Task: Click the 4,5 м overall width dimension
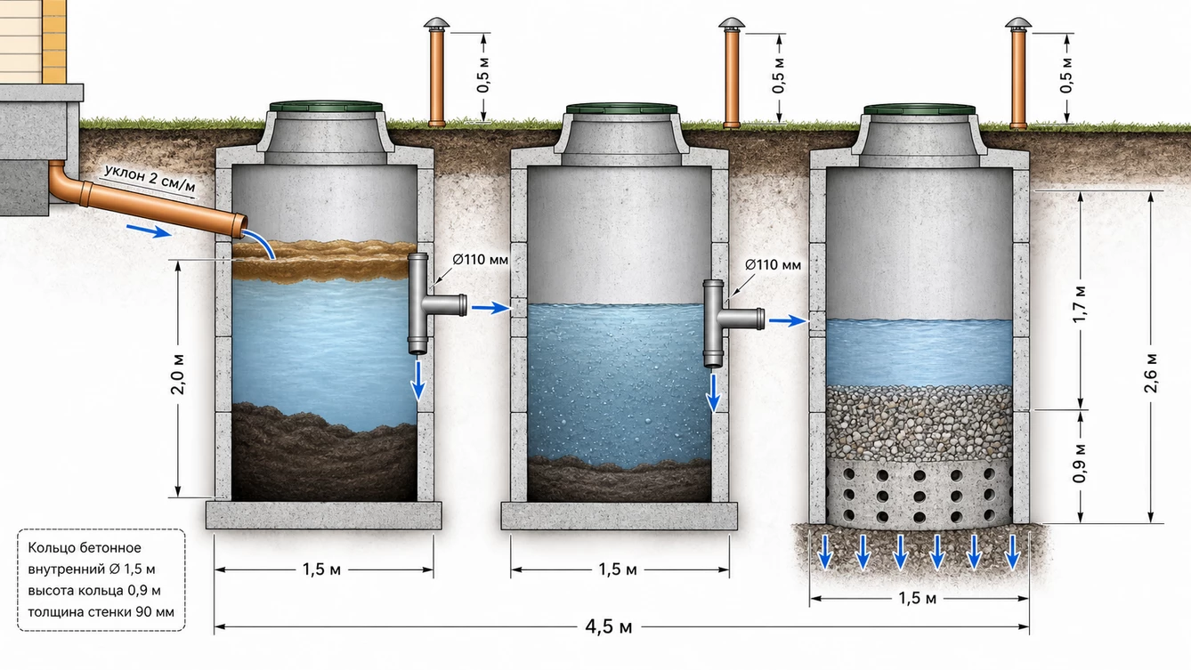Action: pyautogui.click(x=608, y=627)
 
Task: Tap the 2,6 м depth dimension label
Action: pyautogui.click(x=1151, y=373)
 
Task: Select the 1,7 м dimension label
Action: pyautogui.click(x=1080, y=304)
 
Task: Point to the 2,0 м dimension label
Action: pyautogui.click(x=178, y=374)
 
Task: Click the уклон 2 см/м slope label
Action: pyautogui.click(x=150, y=177)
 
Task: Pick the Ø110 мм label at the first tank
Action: pyautogui.click(x=480, y=260)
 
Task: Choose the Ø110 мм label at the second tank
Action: pyautogui.click(x=773, y=264)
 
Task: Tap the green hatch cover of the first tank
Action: pyautogui.click(x=326, y=106)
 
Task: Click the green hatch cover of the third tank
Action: pyautogui.click(x=920, y=109)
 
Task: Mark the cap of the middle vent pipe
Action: pyautogui.click(x=732, y=24)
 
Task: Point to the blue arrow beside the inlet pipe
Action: pyautogui.click(x=149, y=230)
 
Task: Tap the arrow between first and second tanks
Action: pyautogui.click(x=490, y=308)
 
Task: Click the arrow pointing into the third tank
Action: pyautogui.click(x=788, y=320)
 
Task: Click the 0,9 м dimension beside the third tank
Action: pyautogui.click(x=1080, y=464)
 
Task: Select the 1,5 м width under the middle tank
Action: pyautogui.click(x=618, y=569)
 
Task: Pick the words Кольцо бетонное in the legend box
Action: pyautogui.click(x=85, y=548)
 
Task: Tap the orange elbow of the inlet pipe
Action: pyautogui.click(x=65, y=186)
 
